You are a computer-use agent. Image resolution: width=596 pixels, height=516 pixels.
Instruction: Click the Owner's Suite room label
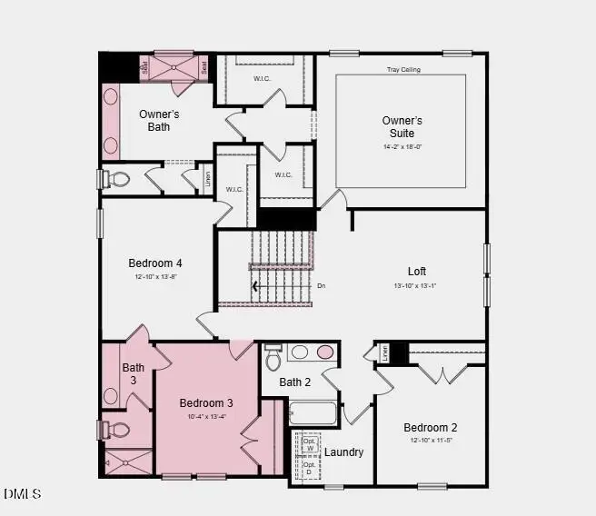[x=402, y=126]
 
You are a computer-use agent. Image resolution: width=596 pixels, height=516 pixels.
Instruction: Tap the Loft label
[x=417, y=271]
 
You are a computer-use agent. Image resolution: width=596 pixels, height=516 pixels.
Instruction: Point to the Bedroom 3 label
[x=206, y=402]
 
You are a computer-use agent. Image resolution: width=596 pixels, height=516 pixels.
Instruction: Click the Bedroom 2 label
[x=431, y=427]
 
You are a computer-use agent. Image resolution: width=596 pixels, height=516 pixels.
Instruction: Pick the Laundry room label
[x=344, y=451]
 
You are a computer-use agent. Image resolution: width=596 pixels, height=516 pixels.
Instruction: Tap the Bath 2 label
[x=295, y=382]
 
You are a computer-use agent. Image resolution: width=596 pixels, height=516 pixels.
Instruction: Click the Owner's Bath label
[x=159, y=120]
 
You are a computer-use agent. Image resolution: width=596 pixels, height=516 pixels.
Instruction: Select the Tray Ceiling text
[x=402, y=70]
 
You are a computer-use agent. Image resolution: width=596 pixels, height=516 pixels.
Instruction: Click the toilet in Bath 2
[x=273, y=360]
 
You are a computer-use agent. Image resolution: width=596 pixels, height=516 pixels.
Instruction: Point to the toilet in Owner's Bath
[x=117, y=178]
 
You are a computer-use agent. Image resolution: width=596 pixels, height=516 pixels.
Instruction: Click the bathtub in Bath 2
[x=313, y=413]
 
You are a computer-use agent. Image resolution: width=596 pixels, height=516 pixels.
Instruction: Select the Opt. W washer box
[x=309, y=445]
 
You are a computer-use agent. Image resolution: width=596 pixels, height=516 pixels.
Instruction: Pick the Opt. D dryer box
[x=309, y=469]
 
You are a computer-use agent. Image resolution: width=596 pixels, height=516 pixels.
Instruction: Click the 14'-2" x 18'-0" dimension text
[x=402, y=145]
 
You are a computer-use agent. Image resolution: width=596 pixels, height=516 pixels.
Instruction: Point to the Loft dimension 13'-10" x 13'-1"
[x=417, y=286]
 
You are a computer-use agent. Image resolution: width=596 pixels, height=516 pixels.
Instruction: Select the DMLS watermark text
[x=23, y=494]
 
